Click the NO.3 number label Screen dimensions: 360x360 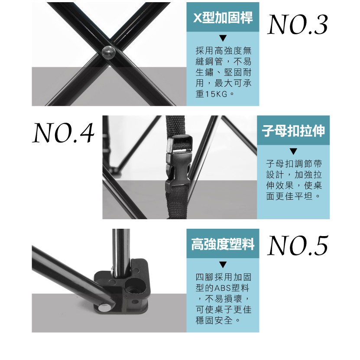tap(298, 25)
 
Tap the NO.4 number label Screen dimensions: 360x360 tap(63, 133)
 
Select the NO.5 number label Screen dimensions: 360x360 tap(298, 246)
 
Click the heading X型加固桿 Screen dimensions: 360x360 tap(223, 17)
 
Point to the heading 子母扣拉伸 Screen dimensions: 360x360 tap(293, 131)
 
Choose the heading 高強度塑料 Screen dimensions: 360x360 tap(223, 244)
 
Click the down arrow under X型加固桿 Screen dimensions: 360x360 tap(223, 38)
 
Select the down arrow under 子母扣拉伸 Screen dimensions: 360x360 tap(293, 151)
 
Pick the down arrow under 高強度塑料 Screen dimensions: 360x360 tap(223, 265)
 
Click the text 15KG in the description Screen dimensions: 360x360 tap(216, 94)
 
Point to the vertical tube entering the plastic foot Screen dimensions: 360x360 tap(120, 254)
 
